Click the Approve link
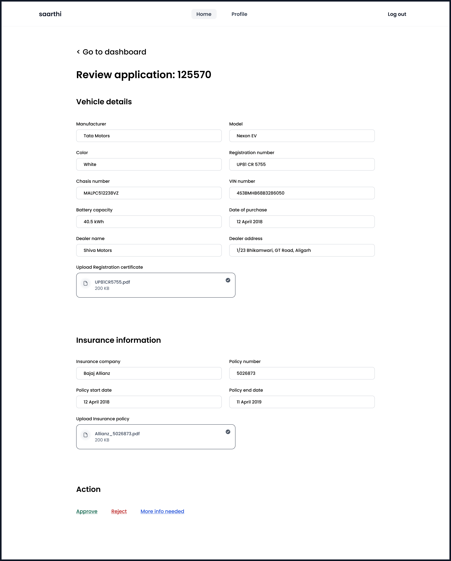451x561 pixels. [87, 511]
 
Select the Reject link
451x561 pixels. [119, 511]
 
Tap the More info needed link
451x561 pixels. [162, 511]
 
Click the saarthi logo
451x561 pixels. [50, 14]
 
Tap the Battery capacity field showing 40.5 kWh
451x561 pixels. [149, 222]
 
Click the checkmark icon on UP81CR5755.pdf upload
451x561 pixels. [228, 280]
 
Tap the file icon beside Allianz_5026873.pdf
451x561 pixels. [86, 435]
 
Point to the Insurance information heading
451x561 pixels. [118, 340]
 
